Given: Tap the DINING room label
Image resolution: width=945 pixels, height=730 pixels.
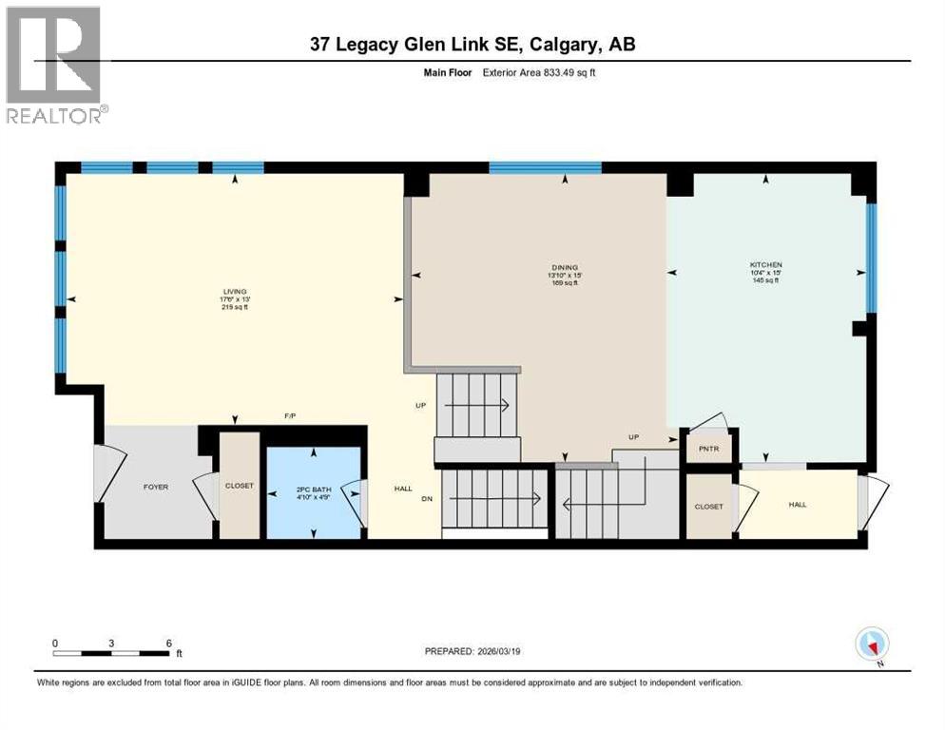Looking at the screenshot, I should coord(565,268).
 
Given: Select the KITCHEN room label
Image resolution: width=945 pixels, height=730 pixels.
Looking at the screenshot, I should coord(765,264).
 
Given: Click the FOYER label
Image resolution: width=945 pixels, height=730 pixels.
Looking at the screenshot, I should coord(156,487).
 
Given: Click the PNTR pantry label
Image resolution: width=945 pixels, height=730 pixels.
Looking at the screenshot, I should coord(708,449).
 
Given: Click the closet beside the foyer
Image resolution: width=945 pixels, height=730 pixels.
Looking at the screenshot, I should coord(240,486).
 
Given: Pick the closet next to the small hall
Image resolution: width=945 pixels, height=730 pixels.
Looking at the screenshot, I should coord(708,507).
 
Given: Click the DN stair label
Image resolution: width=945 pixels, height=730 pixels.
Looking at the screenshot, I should coord(428,498).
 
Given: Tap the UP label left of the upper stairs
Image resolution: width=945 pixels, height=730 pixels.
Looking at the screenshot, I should coord(419,405).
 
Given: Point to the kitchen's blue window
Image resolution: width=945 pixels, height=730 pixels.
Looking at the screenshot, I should coord(870,257).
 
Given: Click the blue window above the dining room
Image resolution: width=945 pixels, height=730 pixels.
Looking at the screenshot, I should coord(545,168).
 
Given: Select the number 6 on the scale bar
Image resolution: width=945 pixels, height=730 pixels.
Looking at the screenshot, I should coord(168,643).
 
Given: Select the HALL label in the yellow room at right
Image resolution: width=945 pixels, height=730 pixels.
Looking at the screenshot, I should coord(797,505).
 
